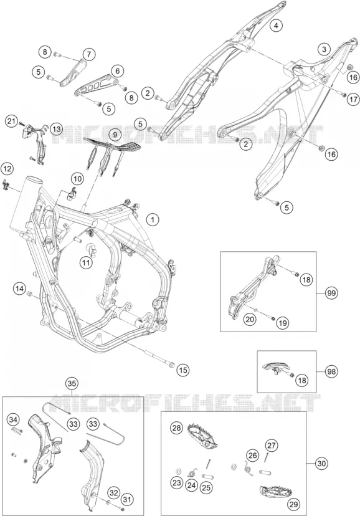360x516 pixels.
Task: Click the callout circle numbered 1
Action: tap(153, 219)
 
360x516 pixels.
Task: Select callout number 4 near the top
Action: tap(276, 26)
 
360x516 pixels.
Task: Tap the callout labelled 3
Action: tap(324, 49)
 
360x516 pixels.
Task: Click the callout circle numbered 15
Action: tap(183, 370)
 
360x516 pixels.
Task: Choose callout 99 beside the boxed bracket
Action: tap(332, 292)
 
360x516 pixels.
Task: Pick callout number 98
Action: tap(331, 371)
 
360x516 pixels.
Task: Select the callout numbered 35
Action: tap(72, 383)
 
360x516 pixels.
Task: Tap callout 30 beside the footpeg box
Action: tap(321, 464)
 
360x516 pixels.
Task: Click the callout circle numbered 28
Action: tap(176, 428)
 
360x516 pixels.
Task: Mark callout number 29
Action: tap(293, 504)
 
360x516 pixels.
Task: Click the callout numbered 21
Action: tap(12, 122)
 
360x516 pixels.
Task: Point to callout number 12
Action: tap(7, 169)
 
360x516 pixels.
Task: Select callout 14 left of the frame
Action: tap(19, 289)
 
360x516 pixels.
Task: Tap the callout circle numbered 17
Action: tap(353, 99)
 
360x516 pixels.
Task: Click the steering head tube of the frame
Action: tap(26, 204)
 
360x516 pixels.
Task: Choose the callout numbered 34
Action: tap(14, 420)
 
